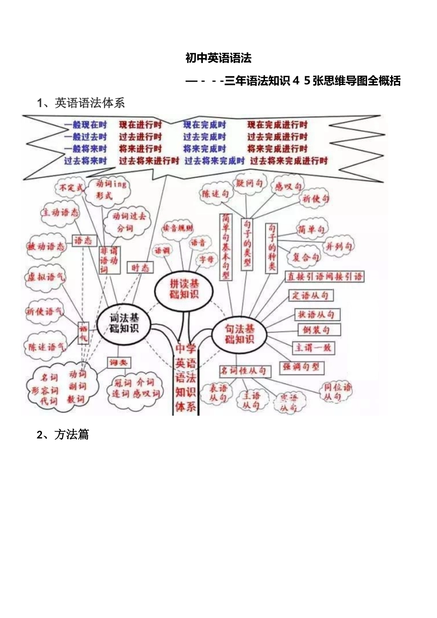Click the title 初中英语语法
pyautogui.click(x=218, y=58)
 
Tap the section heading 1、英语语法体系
pyautogui.click(x=81, y=103)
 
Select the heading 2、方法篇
pyautogui.click(x=63, y=435)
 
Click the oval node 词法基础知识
pyautogui.click(x=124, y=323)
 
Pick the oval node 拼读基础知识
pyautogui.click(x=184, y=289)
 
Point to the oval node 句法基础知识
pyautogui.click(x=239, y=334)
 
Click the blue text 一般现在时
pyautogui.click(x=86, y=125)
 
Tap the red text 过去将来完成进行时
pyautogui.click(x=288, y=160)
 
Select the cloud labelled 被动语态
pyautogui.click(x=46, y=247)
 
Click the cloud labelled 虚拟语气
pyautogui.click(x=46, y=277)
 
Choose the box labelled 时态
pyautogui.click(x=140, y=268)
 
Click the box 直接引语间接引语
pyautogui.click(x=325, y=276)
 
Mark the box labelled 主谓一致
pyautogui.click(x=313, y=348)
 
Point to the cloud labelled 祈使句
pyautogui.click(x=316, y=199)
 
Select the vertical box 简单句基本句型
pyautogui.click(x=226, y=246)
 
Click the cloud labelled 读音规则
pyautogui.click(x=178, y=228)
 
